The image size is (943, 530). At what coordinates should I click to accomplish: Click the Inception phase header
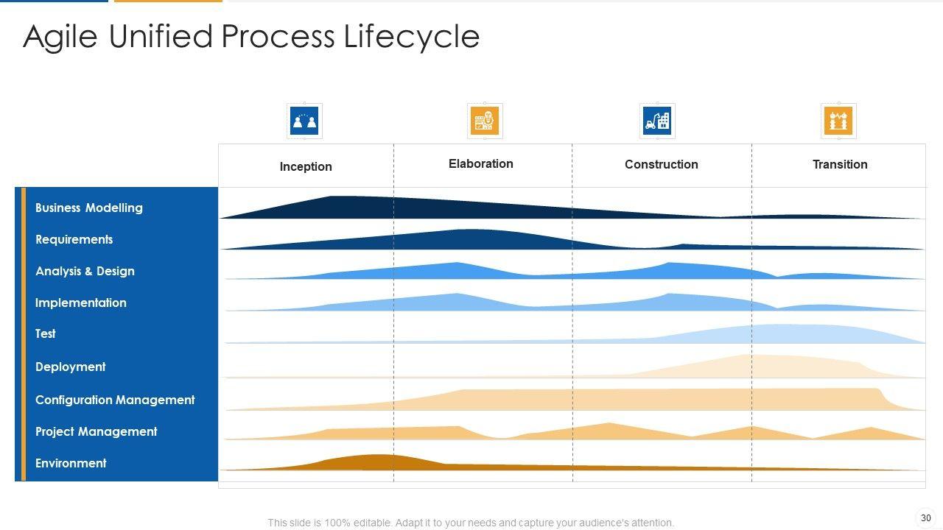[306, 167]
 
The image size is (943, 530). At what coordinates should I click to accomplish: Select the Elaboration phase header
[481, 164]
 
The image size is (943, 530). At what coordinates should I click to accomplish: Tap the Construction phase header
[662, 165]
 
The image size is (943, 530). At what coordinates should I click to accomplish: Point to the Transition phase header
[840, 165]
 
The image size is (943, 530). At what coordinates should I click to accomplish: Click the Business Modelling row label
[89, 208]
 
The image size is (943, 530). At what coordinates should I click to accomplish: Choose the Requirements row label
[74, 240]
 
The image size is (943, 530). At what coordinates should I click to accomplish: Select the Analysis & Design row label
[85, 272]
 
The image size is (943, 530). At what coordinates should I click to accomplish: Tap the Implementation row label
[81, 303]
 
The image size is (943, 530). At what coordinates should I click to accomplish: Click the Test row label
[46, 334]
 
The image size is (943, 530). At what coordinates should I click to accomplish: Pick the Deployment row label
[71, 367]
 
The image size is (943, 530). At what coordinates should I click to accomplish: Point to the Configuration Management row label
[116, 400]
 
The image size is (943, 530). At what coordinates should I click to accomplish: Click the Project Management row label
[97, 432]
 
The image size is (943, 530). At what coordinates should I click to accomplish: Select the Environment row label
[71, 464]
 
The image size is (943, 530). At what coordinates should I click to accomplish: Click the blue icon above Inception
[304, 121]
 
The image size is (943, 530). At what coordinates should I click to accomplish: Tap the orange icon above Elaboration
[484, 121]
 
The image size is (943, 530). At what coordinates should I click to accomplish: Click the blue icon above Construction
[657, 121]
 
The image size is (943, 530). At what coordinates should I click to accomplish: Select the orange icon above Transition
[838, 121]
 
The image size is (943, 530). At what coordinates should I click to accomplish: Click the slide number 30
[926, 518]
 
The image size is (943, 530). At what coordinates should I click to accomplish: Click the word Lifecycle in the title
[412, 37]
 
